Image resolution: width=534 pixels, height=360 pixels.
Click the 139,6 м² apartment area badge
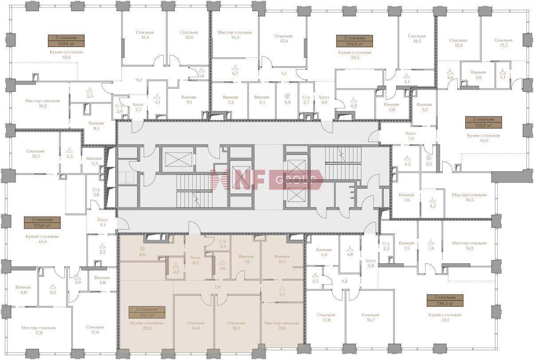pos(66,41)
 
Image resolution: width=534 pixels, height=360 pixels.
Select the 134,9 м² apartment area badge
pos(354,41)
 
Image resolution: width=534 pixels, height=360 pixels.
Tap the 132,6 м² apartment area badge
pos(484,123)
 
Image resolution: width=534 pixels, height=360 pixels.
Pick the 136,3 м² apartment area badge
pos(445,301)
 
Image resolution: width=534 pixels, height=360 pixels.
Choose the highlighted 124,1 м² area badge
pos(147,313)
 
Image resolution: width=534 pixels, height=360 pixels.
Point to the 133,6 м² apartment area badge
pos(42,222)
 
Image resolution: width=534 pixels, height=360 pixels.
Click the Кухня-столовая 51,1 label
pos(445,317)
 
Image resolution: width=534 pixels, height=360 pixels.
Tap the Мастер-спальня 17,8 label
pos(39,330)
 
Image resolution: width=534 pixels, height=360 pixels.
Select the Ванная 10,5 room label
pos(282,259)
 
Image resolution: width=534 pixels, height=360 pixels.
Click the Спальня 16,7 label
pos(370,317)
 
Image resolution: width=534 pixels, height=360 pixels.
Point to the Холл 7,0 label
pos(411,136)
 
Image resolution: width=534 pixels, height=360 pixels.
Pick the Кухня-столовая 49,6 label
pos(66,55)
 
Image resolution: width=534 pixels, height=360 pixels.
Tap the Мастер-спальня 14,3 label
pos(235,35)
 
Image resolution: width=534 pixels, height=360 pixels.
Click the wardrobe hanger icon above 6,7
pos(235,67)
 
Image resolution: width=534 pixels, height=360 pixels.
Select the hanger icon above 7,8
pos(431,242)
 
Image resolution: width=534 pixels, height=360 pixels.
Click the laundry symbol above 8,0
pos(142,249)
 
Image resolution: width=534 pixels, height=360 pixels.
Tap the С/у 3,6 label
pos(96,192)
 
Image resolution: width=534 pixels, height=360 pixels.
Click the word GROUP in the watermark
pos(295,180)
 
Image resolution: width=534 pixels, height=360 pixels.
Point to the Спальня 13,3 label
pos(503,43)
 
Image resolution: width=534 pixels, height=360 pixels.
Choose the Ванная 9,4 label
pos(96,126)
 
